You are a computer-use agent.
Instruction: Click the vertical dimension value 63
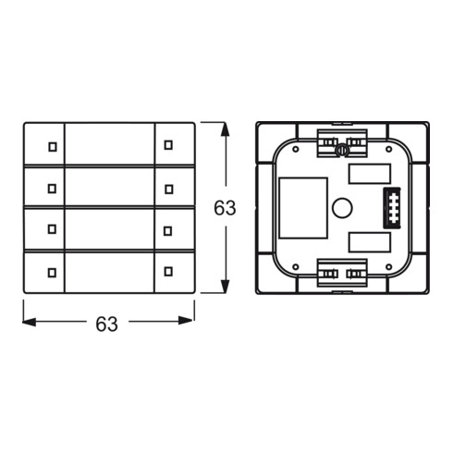click(225, 208)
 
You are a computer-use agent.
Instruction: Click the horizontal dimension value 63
click(106, 324)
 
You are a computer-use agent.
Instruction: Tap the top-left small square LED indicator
click(53, 147)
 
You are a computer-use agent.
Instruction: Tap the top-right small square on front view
click(168, 145)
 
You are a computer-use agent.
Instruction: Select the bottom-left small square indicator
click(52, 273)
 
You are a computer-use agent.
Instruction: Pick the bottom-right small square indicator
click(168, 271)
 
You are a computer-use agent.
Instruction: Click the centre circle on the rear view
click(342, 207)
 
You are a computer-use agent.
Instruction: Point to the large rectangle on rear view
click(303, 208)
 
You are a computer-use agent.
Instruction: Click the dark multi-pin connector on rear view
click(392, 208)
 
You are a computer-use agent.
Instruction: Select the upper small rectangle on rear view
click(370, 174)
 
